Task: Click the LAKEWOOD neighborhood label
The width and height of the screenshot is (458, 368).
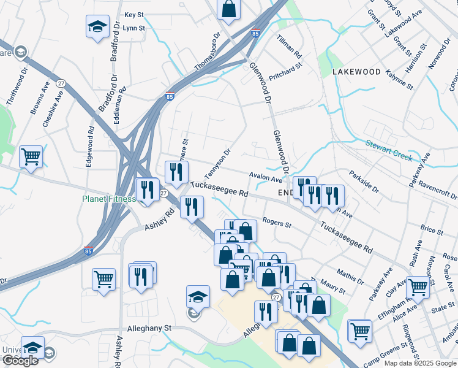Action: (x=356, y=72)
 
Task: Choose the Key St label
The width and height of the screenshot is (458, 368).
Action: (x=133, y=14)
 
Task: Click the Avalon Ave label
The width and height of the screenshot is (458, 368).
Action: (x=266, y=177)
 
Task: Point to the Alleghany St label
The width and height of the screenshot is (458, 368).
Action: (x=148, y=329)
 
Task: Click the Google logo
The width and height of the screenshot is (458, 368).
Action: (x=20, y=361)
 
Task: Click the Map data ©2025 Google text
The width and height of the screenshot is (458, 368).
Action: (x=420, y=363)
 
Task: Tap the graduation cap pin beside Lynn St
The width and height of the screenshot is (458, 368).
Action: (x=97, y=27)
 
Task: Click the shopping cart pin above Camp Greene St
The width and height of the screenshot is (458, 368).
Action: (x=359, y=331)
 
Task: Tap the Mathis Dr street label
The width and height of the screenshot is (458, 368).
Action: (x=350, y=274)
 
